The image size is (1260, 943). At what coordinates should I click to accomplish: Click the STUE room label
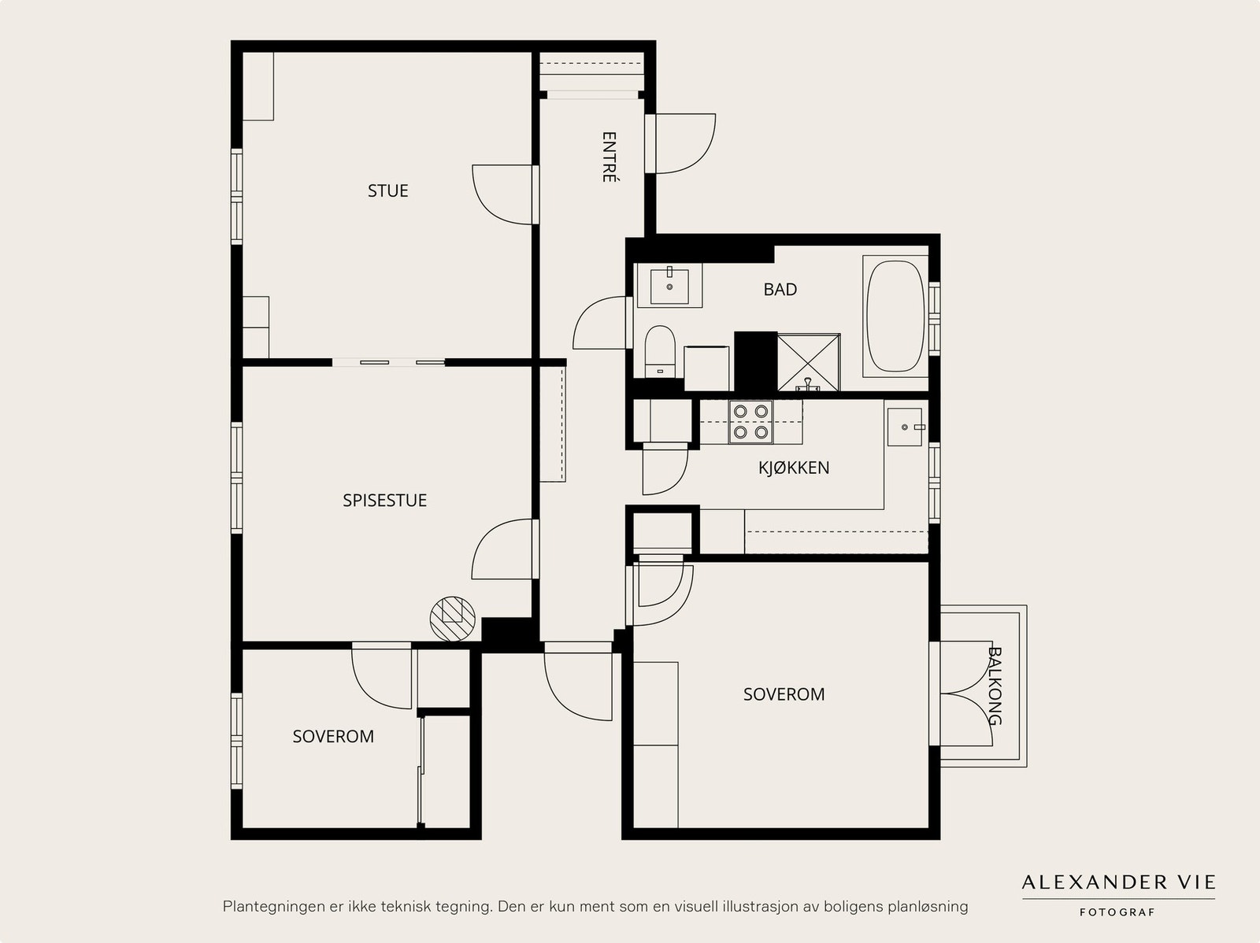click(388, 190)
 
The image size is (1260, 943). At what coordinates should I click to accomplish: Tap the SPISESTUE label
click(384, 500)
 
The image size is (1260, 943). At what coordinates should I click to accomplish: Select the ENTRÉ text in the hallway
click(609, 157)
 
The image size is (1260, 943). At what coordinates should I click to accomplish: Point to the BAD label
click(780, 289)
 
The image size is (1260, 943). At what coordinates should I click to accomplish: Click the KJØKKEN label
click(794, 468)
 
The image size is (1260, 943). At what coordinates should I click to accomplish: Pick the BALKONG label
click(995, 686)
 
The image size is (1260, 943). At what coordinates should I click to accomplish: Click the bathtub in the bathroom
click(895, 316)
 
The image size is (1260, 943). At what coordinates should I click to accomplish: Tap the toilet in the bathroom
click(660, 351)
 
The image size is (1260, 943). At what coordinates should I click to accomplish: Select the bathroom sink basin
click(669, 286)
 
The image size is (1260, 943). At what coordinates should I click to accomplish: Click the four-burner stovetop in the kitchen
click(750, 422)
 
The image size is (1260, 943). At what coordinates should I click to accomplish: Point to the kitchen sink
click(905, 427)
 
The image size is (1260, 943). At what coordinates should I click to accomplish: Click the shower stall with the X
click(809, 363)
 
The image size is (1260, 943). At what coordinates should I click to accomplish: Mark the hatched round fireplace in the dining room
click(452, 619)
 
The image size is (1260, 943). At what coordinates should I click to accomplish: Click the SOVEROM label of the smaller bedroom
click(333, 737)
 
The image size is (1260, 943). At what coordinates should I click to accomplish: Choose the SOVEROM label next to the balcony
click(784, 694)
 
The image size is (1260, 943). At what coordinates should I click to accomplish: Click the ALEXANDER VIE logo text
click(1118, 882)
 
